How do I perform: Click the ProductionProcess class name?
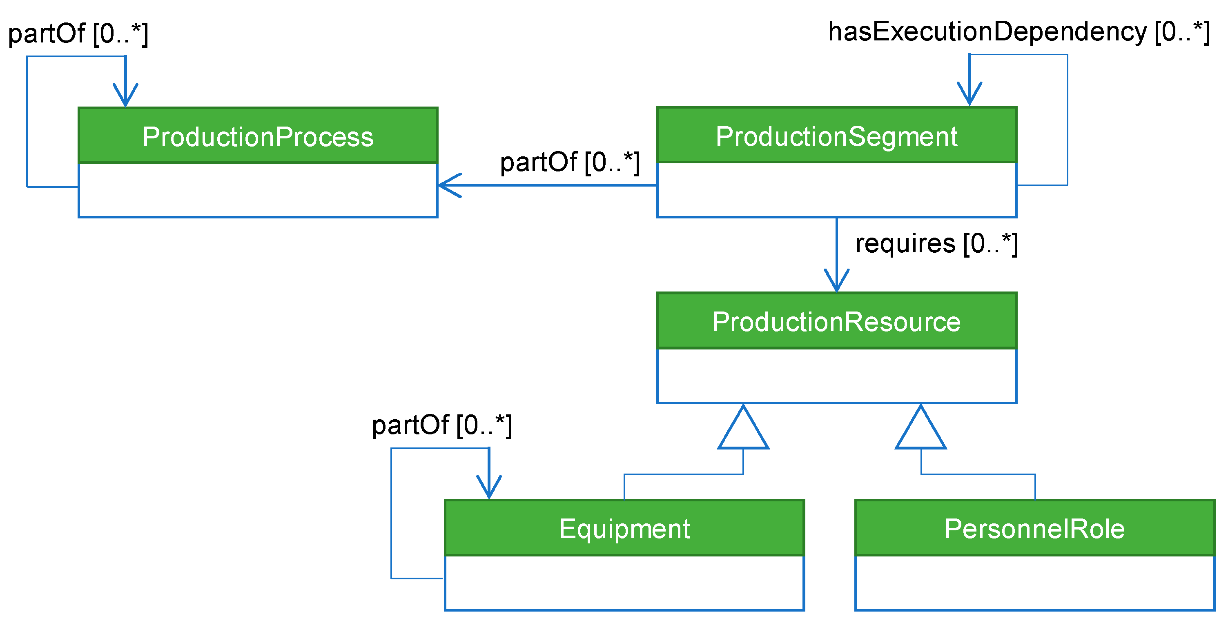(x=258, y=137)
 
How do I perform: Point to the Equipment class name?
(x=624, y=529)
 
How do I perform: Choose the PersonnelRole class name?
(x=1034, y=529)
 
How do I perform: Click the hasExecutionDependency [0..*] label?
(x=1019, y=32)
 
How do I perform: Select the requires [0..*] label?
(x=936, y=244)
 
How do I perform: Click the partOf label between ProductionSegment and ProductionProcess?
(x=570, y=162)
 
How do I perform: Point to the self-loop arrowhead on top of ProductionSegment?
(x=969, y=96)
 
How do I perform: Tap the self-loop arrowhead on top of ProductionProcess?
(x=125, y=97)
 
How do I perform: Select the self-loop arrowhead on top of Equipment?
(x=489, y=489)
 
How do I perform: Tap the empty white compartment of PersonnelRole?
(x=1034, y=583)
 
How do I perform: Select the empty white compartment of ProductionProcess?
(x=258, y=190)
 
